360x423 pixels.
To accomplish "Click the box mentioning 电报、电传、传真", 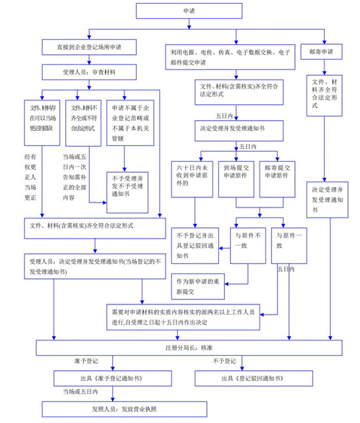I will (x=232, y=57).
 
